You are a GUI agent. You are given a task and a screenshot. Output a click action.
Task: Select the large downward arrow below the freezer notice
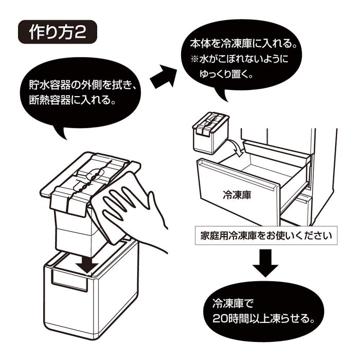click(x=265, y=262)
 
